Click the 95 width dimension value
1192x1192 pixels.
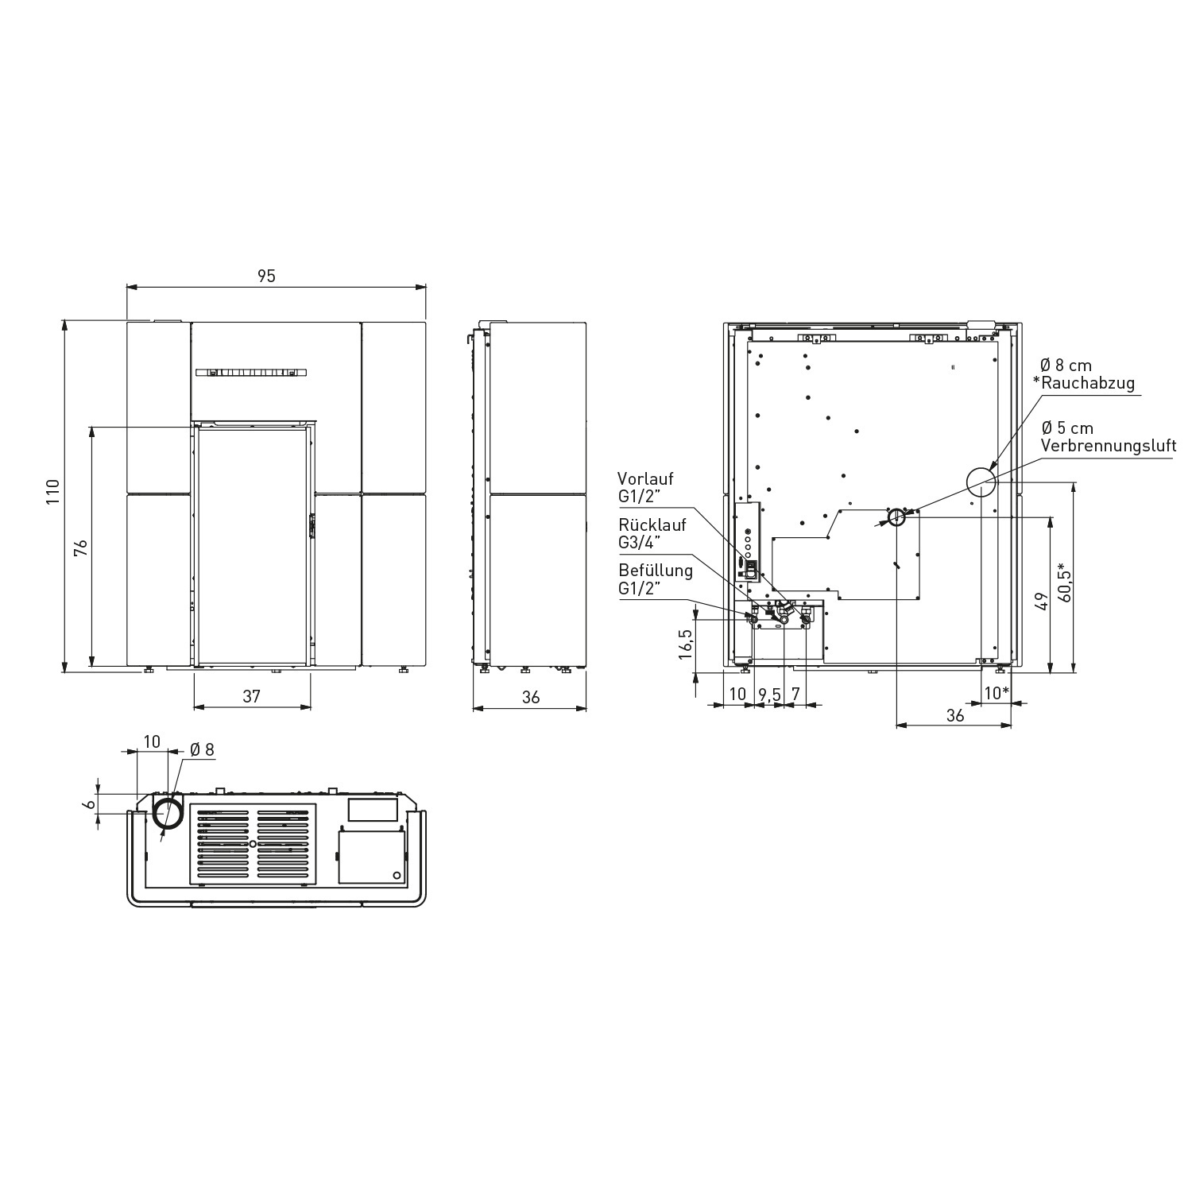(266, 276)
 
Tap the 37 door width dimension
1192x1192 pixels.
(251, 696)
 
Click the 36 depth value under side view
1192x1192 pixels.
(531, 697)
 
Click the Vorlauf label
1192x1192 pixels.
(645, 479)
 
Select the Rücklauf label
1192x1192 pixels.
(652, 525)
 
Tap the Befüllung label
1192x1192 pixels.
(656, 571)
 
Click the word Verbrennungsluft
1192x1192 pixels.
(1109, 445)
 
